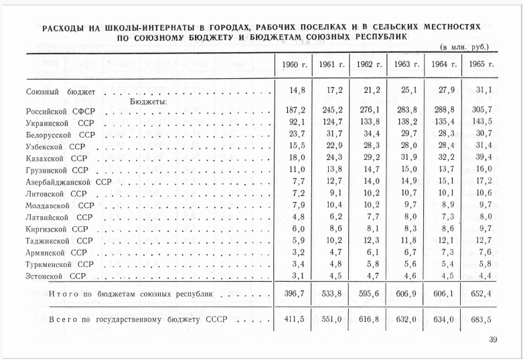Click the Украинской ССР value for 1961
(x=331, y=124)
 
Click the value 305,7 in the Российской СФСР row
(x=481, y=111)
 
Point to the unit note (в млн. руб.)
(x=464, y=48)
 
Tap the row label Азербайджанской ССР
(x=68, y=182)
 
